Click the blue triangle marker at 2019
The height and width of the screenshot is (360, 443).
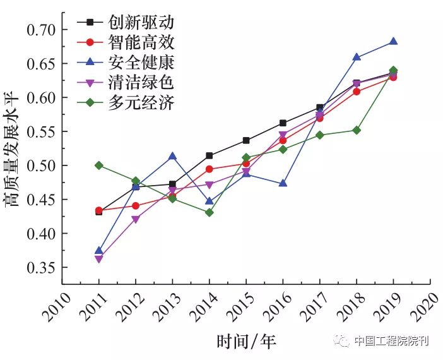(393, 41)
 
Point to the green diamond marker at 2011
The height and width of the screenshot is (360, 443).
(98, 165)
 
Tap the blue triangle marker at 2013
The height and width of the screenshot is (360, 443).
(172, 156)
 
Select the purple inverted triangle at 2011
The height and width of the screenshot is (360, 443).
(98, 259)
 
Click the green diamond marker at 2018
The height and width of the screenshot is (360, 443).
(357, 130)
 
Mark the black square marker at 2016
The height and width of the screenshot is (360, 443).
(283, 123)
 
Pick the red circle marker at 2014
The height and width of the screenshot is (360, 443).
(209, 169)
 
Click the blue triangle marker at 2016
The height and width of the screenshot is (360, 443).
(283, 183)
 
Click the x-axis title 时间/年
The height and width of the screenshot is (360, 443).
(246, 342)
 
